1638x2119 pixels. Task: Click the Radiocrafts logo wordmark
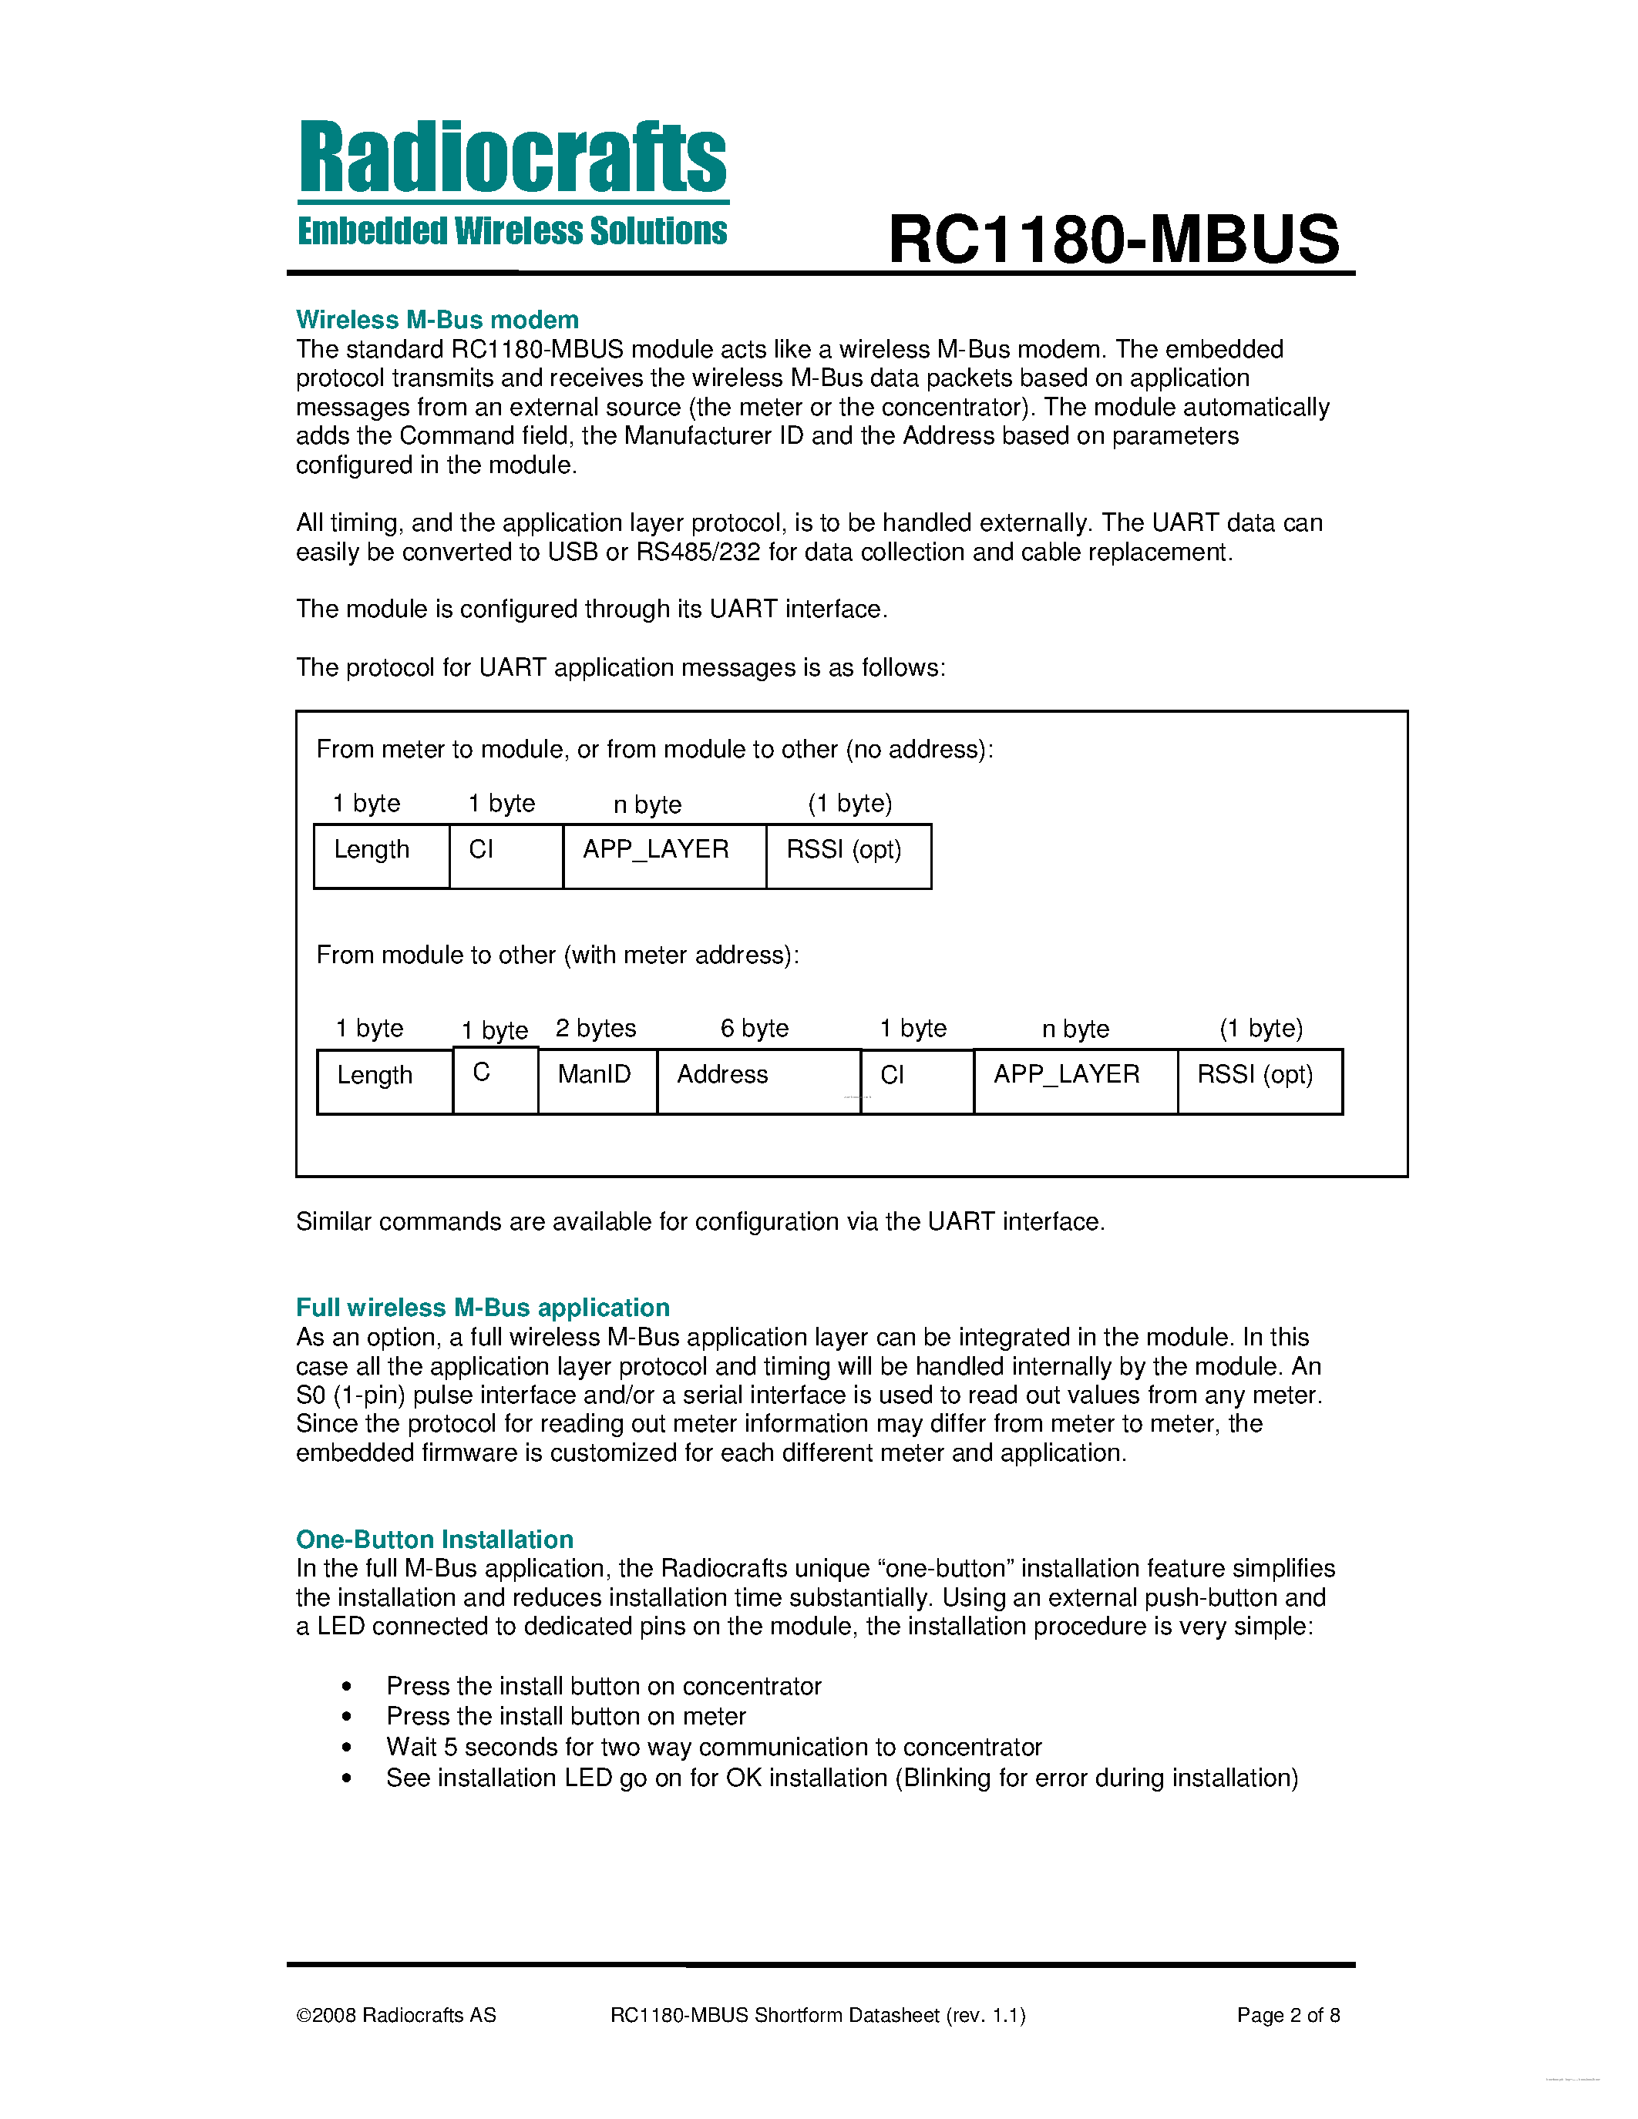point(513,157)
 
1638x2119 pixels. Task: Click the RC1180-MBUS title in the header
point(1113,240)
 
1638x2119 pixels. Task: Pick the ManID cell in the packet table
point(596,1080)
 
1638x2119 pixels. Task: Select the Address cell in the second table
point(757,1080)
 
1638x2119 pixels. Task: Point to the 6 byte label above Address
point(754,1029)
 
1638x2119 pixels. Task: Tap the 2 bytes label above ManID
point(595,1029)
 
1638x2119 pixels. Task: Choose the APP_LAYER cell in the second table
point(1075,1080)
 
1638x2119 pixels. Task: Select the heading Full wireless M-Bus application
point(483,1307)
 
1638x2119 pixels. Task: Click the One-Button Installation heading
point(434,1539)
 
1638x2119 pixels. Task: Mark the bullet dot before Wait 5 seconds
point(346,1748)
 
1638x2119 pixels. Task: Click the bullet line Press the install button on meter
point(566,1716)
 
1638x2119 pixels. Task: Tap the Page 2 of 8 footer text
point(1288,2015)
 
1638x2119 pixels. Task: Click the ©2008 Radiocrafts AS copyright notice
point(396,2015)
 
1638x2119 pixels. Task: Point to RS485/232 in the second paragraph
point(698,552)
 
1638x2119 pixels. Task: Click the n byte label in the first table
point(647,804)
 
